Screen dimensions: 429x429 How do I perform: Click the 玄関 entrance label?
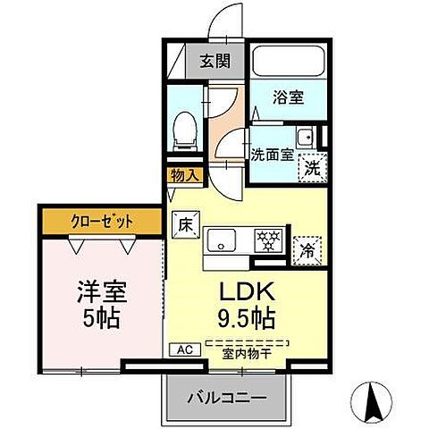coord(214,63)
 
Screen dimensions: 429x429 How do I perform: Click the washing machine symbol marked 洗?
coord(310,165)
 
